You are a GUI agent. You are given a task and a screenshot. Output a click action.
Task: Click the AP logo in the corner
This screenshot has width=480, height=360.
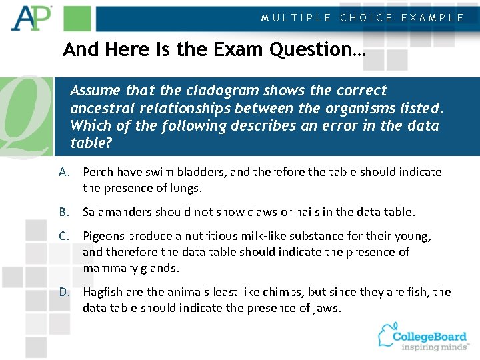coord(31,19)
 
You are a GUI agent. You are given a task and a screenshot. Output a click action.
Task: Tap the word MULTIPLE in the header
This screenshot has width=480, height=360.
coord(296,18)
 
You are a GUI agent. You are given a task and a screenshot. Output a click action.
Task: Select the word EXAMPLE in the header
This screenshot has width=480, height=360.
coord(432,18)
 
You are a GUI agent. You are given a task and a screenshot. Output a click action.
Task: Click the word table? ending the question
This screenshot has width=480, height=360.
coord(91,143)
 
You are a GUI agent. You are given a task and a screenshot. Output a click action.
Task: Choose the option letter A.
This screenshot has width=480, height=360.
coord(64,172)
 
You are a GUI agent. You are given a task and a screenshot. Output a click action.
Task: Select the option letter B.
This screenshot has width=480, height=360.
coord(64,212)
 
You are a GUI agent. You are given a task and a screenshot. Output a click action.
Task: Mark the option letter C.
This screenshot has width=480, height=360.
coord(64,236)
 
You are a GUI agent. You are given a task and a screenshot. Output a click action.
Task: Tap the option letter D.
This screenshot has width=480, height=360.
coord(64,292)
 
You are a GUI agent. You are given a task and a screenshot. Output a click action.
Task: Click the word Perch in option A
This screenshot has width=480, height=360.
coord(98,172)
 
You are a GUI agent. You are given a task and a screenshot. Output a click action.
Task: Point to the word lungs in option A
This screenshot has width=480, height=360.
coord(185,188)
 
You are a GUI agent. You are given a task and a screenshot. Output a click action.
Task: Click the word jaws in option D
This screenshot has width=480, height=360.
coord(326,308)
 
